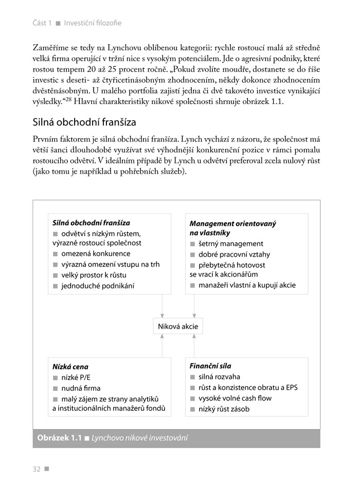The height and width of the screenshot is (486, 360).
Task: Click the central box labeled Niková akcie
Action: [177, 326]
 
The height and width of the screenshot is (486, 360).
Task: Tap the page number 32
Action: [37, 468]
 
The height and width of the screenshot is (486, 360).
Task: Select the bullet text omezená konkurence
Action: [96, 254]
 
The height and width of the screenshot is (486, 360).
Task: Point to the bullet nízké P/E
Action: [75, 377]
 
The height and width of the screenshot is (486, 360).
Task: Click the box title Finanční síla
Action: [210, 366]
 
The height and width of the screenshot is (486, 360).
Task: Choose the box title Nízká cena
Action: [70, 367]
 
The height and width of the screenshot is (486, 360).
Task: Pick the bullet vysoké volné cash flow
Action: [235, 398]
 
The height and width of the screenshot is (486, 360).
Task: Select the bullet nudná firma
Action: [81, 388]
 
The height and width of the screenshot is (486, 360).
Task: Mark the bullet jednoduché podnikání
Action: [97, 285]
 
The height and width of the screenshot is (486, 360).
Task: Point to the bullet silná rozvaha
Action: [219, 377]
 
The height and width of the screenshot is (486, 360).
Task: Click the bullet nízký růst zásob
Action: [224, 409]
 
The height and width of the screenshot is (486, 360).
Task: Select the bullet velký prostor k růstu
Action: [94, 275]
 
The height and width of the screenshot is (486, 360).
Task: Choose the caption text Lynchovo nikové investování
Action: [140, 438]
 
